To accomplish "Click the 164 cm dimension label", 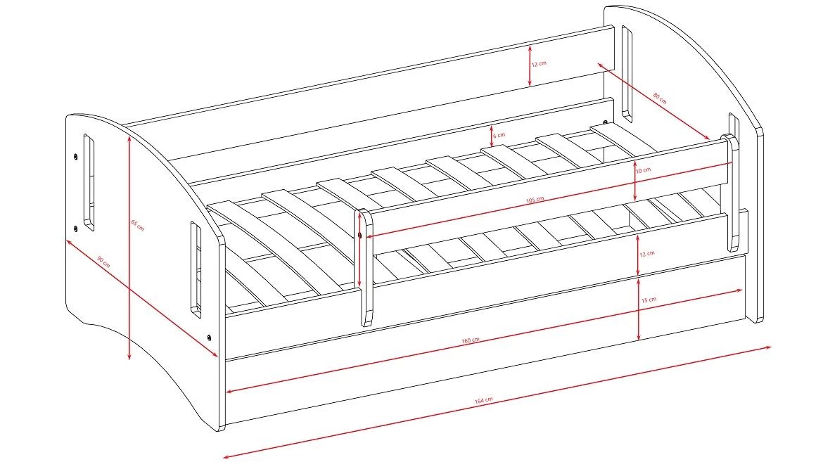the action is pyautogui.click(x=483, y=400).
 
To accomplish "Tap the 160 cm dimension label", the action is pyautogui.click(x=471, y=340).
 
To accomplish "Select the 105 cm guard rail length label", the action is pyautogui.click(x=535, y=200).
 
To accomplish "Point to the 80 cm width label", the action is pyautogui.click(x=660, y=98).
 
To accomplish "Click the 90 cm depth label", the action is pyautogui.click(x=104, y=262).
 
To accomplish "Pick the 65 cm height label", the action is pyautogui.click(x=137, y=225).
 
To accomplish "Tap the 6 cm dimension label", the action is pyautogui.click(x=499, y=136).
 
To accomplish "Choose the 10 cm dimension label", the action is pyautogui.click(x=643, y=170).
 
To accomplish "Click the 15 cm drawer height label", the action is pyautogui.click(x=649, y=300).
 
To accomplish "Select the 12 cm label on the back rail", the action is pyautogui.click(x=539, y=63).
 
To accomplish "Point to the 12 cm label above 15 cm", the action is pyautogui.click(x=646, y=254).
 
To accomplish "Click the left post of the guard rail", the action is pyautogui.click(x=365, y=267).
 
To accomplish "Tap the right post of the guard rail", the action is pyautogui.click(x=733, y=193).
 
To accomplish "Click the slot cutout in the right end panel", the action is pyautogui.click(x=627, y=74).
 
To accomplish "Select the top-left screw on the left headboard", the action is pyautogui.click(x=76, y=156).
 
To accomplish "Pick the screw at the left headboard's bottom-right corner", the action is pyautogui.click(x=209, y=337).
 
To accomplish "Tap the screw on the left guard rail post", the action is pyautogui.click(x=359, y=235).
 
